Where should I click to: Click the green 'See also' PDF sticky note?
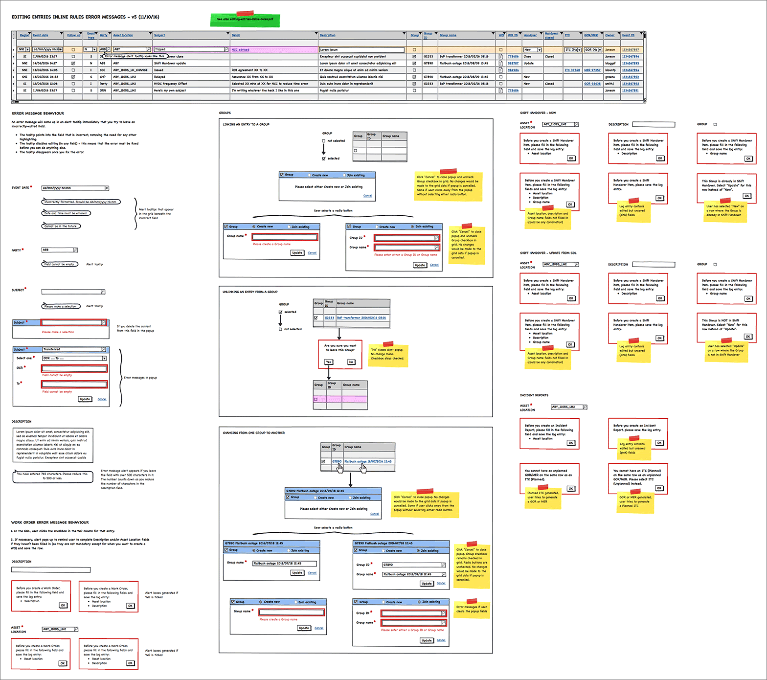245,20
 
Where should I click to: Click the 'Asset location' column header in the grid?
123,35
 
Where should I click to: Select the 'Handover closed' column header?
551,35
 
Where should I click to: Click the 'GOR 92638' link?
592,84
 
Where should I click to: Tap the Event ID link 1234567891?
630,91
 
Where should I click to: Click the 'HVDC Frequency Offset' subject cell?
170,84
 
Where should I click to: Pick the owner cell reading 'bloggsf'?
610,63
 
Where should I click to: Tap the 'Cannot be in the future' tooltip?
61,226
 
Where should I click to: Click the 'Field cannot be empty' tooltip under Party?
59,264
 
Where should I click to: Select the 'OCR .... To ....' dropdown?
74,358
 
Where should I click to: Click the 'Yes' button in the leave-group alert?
328,362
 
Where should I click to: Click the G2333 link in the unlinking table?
329,318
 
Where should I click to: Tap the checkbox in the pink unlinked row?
316,399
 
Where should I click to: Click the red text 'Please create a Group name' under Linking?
271,244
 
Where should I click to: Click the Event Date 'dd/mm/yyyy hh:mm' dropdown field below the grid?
75,188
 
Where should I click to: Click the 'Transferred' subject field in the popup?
73,349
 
